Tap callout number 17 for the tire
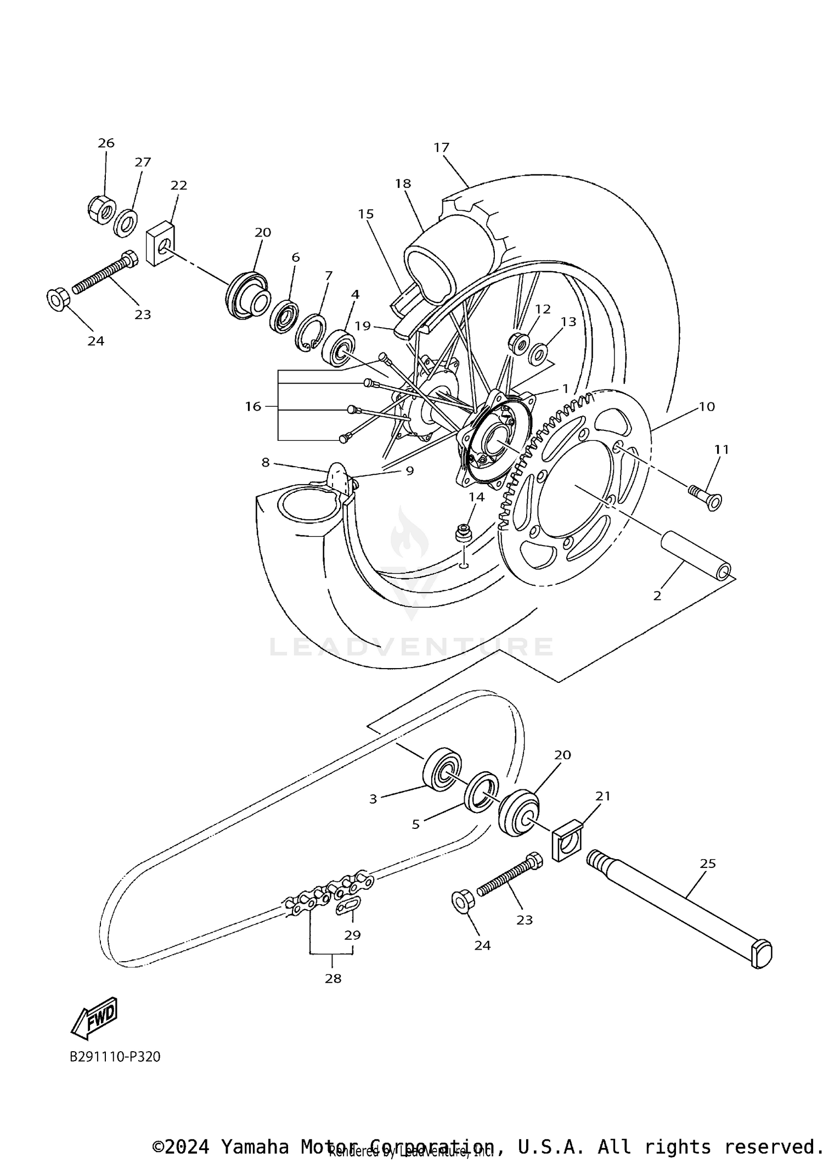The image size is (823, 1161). click(x=441, y=148)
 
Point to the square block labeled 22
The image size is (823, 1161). click(x=160, y=243)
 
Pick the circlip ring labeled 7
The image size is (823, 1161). click(x=311, y=332)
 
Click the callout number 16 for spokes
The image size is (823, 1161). click(x=253, y=407)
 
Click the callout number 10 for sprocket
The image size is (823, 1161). click(x=707, y=407)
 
